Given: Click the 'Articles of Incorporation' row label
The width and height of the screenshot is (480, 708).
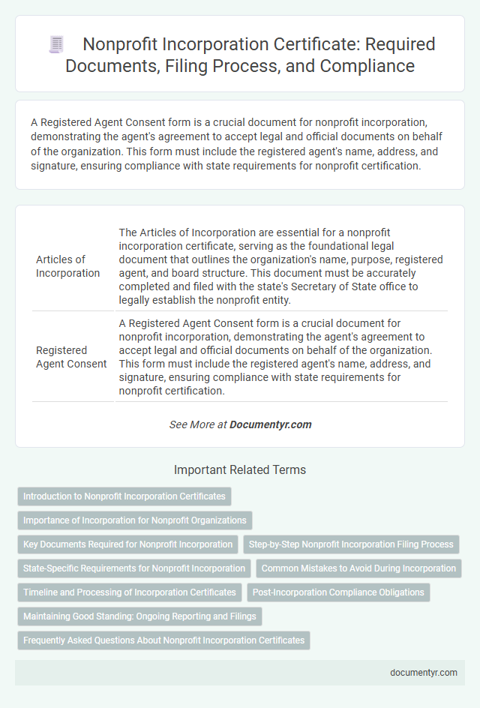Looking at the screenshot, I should [x=67, y=266].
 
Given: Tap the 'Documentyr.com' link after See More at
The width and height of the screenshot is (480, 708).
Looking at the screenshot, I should [x=270, y=424].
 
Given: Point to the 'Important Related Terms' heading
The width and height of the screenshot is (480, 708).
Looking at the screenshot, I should [x=240, y=470].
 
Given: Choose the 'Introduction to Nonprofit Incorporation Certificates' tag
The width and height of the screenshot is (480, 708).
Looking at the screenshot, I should [x=124, y=496].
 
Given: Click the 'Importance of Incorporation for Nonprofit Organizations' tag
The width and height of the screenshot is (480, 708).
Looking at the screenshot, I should [x=135, y=520].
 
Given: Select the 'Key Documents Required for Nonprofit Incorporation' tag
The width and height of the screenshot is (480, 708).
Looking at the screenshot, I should [x=127, y=544].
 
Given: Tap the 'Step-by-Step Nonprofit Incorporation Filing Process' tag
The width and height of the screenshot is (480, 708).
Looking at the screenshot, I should [x=351, y=544].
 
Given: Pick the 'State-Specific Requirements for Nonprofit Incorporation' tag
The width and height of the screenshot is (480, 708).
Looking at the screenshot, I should [x=134, y=568].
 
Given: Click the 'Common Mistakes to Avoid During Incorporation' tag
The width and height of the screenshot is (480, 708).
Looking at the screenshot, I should [x=358, y=568].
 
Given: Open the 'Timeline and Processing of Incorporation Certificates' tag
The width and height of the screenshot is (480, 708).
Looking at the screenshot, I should [x=130, y=592].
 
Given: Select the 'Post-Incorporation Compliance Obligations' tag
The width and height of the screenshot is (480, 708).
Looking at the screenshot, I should [x=338, y=592].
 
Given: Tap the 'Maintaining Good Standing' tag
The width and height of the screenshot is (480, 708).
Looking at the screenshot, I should [x=139, y=616].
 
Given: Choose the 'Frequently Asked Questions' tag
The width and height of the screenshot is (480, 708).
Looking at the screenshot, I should [x=163, y=640].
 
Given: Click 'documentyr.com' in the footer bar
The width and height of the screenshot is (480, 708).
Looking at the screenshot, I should [x=424, y=672].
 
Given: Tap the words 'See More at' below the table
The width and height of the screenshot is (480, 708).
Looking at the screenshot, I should [x=198, y=424].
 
